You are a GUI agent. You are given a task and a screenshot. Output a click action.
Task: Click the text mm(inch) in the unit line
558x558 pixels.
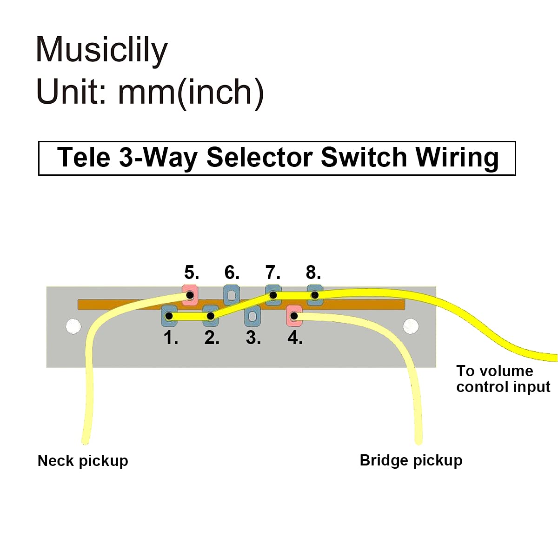click(x=191, y=93)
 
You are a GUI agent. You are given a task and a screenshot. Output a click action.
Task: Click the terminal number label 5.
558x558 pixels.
click(x=192, y=272)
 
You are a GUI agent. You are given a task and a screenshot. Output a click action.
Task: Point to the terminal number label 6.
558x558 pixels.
click(x=232, y=272)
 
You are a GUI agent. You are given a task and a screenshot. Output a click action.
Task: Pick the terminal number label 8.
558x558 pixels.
click(x=313, y=272)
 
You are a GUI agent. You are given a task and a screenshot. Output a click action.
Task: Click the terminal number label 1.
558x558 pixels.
click(x=171, y=338)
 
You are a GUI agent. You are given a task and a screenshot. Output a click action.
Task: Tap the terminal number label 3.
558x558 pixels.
click(x=253, y=338)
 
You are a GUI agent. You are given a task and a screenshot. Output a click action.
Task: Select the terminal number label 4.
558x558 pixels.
click(x=295, y=338)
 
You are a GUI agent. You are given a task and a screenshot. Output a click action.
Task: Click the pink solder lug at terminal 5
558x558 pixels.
click(x=190, y=295)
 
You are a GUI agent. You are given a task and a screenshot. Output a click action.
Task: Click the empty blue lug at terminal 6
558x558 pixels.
click(x=232, y=295)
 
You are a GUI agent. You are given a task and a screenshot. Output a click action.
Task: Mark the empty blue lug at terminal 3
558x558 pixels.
click(x=252, y=316)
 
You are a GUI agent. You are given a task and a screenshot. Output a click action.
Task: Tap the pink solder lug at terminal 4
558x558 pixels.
click(x=294, y=316)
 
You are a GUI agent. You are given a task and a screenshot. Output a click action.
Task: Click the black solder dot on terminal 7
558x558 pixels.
click(x=273, y=295)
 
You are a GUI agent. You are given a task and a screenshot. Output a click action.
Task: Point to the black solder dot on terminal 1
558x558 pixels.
click(x=169, y=316)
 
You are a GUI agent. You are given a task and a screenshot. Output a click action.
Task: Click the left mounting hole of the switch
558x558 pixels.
click(x=73, y=326)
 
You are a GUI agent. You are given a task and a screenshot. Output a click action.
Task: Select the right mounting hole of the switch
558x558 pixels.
click(x=411, y=326)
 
